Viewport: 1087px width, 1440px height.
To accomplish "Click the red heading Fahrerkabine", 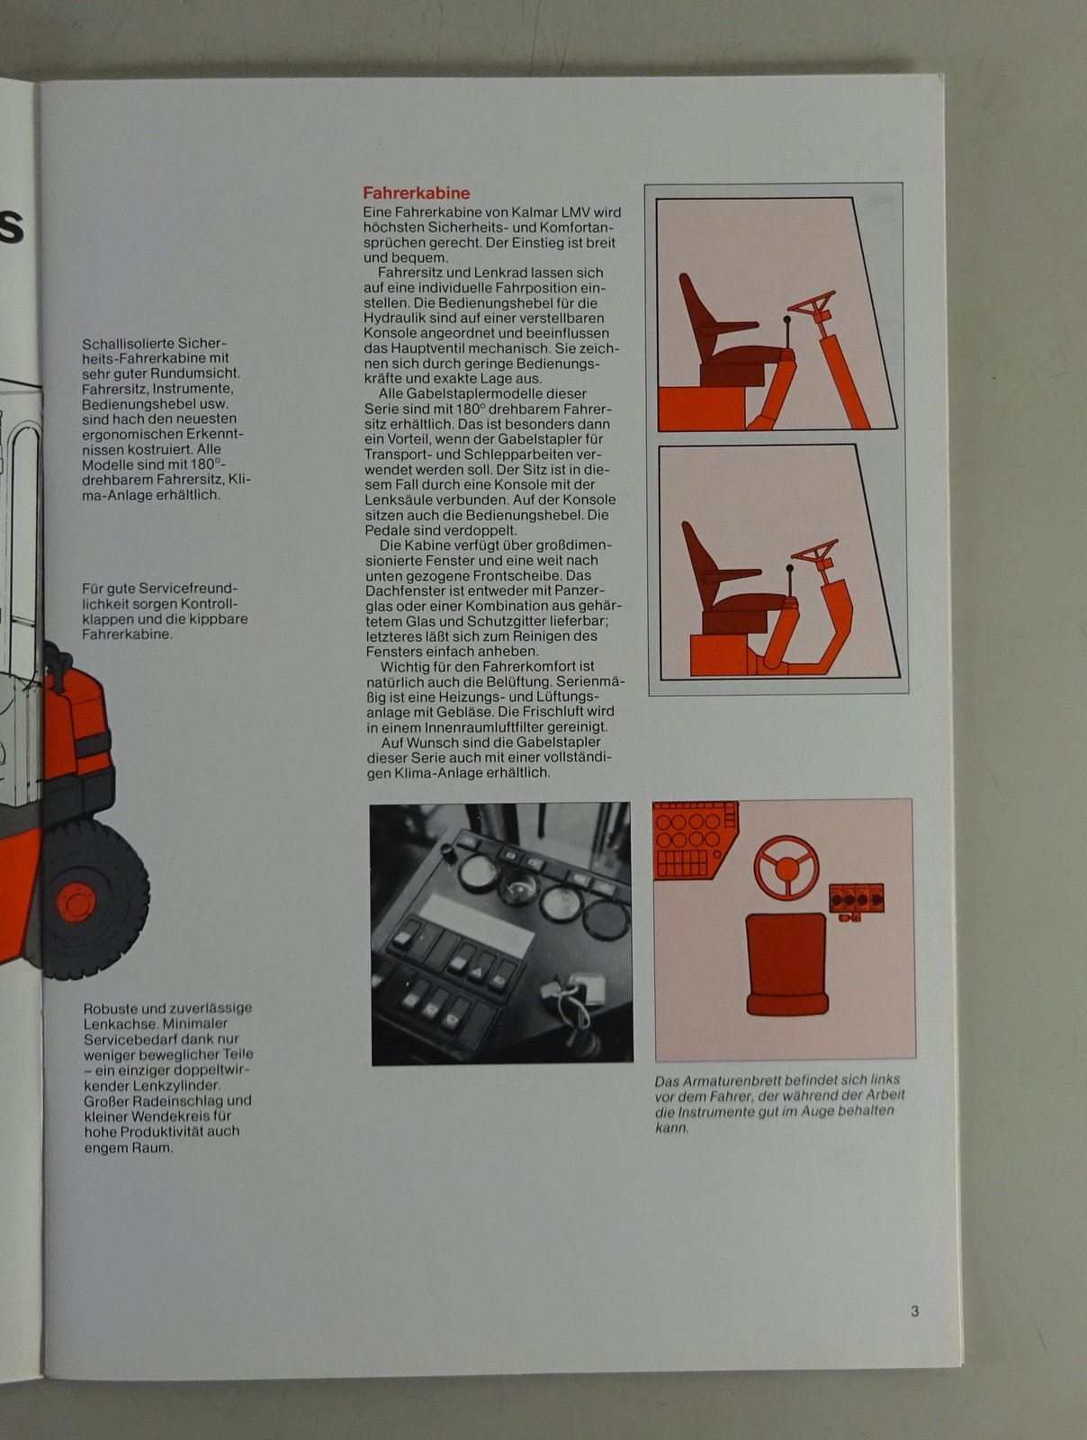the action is pos(417,193).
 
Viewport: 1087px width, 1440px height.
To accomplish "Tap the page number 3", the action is pos(914,1310).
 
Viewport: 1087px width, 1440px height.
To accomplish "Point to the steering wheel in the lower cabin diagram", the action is pos(815,551).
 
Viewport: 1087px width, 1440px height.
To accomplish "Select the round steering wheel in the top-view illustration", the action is pos(786,868).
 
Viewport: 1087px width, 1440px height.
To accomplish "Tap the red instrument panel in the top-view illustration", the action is pos(695,840).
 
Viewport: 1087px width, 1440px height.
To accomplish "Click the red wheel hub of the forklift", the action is pos(76,903).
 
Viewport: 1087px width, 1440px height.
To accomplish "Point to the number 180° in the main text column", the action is pos(470,409).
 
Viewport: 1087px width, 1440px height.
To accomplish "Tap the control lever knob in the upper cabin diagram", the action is pos(786,320).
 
